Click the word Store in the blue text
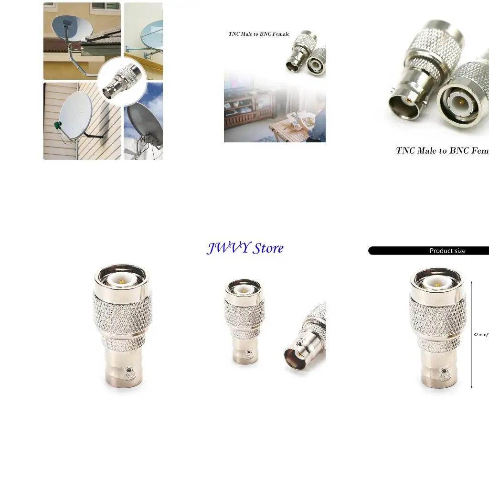point(268,248)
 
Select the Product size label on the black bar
point(447,251)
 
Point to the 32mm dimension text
point(480,335)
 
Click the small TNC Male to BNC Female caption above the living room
point(259,34)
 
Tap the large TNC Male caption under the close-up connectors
point(442,151)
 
